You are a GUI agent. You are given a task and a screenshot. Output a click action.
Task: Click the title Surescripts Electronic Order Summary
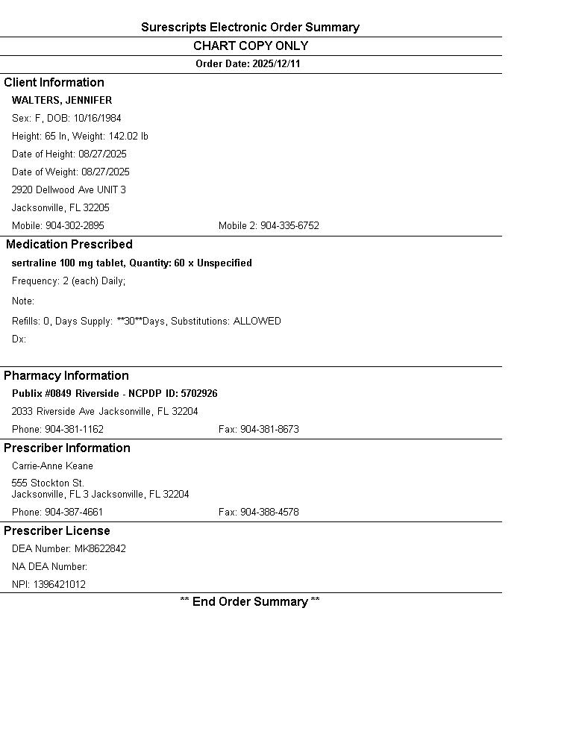[250, 28]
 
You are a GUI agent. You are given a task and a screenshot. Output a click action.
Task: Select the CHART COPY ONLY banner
[251, 46]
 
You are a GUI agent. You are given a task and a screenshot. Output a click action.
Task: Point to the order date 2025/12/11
[276, 64]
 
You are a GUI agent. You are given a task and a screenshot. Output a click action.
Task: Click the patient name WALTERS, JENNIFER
[62, 101]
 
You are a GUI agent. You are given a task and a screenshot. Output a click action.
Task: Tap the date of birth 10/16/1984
[97, 119]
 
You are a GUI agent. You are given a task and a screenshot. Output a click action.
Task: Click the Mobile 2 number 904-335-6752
[289, 226]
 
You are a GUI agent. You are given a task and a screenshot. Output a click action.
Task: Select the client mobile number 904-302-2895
[75, 226]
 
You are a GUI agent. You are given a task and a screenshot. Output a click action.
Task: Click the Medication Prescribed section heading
[69, 245]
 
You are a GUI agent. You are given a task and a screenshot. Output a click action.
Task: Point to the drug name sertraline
[34, 263]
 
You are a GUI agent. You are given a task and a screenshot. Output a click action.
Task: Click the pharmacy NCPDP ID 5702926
[199, 394]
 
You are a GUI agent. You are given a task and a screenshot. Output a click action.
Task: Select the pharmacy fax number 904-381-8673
[269, 430]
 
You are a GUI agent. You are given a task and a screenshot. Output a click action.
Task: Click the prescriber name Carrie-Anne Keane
[52, 466]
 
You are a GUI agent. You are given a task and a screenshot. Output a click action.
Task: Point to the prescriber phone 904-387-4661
[74, 513]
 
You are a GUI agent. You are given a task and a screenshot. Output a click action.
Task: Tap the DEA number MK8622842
[100, 549]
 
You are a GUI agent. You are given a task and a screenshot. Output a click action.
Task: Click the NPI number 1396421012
[59, 585]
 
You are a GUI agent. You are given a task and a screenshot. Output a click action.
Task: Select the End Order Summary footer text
[250, 602]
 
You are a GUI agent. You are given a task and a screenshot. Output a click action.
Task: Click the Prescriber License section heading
[57, 531]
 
